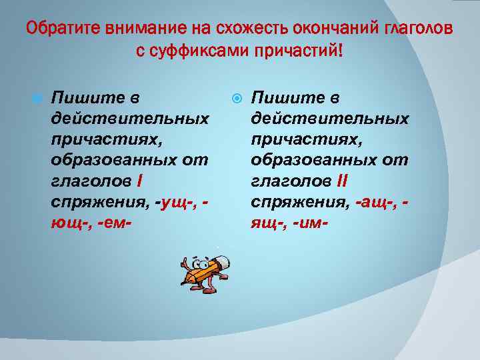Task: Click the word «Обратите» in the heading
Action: tap(56, 29)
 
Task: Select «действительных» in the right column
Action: tap(329, 119)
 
